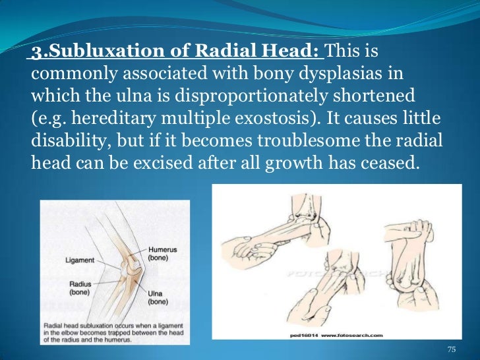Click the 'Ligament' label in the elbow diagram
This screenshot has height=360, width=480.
(80, 260)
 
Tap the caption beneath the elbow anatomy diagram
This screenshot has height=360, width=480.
(115, 332)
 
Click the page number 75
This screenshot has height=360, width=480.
(451, 349)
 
